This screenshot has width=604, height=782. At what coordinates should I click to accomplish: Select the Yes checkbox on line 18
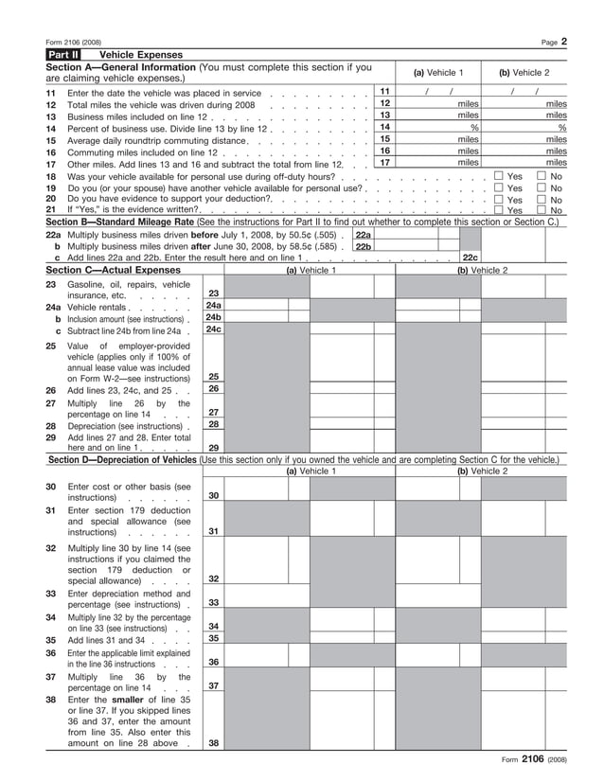498,176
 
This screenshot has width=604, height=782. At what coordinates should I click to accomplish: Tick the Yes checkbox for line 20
498,199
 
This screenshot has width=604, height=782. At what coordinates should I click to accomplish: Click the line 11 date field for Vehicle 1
438,91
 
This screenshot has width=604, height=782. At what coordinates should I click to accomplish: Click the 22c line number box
470,257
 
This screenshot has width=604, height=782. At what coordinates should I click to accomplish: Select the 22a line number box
363,234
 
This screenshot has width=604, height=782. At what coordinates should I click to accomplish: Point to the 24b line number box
214,317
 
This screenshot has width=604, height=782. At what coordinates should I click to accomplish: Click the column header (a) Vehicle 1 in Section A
438,73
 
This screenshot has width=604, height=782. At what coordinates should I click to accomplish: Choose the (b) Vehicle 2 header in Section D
483,471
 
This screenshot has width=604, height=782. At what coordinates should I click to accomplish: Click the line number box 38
214,743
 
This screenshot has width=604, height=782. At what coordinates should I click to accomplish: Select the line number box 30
214,495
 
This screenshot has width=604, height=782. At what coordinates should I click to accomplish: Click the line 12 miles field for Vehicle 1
438,103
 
